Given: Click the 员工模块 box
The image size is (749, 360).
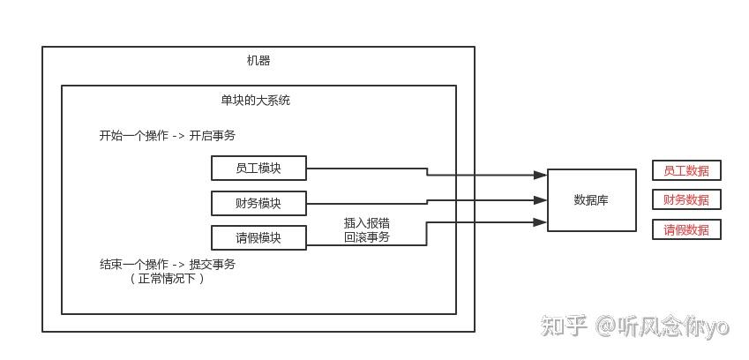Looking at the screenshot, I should (258, 169).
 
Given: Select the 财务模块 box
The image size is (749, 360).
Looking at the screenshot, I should (258, 203).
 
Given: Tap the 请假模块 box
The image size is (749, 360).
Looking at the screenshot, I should (258, 237).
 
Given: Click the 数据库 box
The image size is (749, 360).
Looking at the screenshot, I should (591, 200).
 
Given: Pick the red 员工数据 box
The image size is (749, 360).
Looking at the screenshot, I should (686, 170).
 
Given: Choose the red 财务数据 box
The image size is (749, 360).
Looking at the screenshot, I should (686, 199).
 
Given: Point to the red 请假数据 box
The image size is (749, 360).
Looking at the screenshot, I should (686, 230).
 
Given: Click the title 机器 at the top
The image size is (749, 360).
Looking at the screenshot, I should (258, 61).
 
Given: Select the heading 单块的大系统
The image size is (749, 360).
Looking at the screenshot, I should (255, 101).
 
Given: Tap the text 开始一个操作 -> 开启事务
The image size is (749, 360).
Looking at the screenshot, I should (167, 136).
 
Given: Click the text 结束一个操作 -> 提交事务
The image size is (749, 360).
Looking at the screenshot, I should (167, 264).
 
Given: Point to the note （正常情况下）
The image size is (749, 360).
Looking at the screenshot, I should (167, 278).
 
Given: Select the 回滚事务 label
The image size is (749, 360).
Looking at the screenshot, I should (366, 237).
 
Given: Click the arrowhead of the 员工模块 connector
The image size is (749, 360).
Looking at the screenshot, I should (541, 176).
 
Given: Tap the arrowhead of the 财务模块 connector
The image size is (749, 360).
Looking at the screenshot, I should (541, 200).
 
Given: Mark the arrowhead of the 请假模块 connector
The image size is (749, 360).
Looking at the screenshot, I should (541, 221).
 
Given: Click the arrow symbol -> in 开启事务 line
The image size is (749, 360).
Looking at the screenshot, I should (178, 136).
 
